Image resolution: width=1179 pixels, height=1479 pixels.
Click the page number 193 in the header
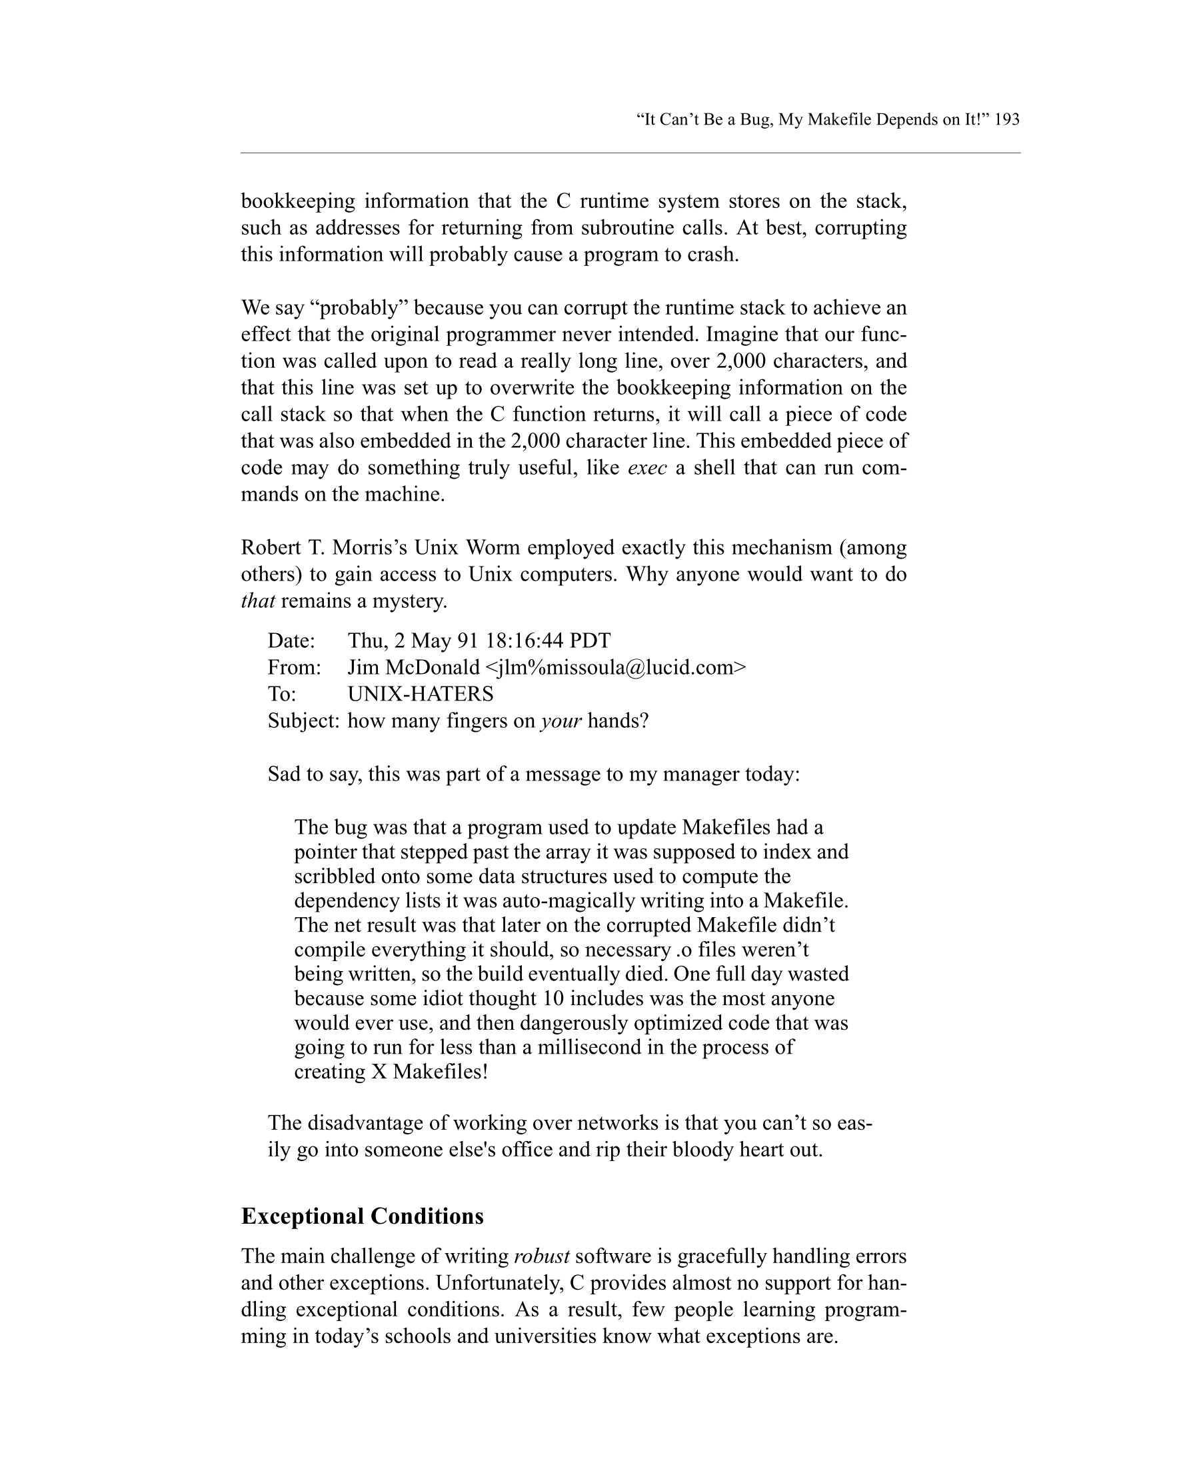1006,119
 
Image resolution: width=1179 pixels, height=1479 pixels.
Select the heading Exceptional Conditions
362,1216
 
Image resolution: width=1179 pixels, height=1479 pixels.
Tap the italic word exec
646,468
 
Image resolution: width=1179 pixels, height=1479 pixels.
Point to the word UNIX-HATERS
421,695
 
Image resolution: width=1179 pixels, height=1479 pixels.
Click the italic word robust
541,1257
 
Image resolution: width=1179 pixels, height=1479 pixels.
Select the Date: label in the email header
291,641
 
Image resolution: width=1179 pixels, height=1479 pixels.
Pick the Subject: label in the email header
303,721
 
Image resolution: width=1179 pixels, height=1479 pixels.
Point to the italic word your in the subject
561,721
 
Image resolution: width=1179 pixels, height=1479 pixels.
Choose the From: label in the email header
294,667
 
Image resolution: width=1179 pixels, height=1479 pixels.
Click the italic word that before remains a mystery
258,602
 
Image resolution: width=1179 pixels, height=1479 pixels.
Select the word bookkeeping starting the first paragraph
298,202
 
